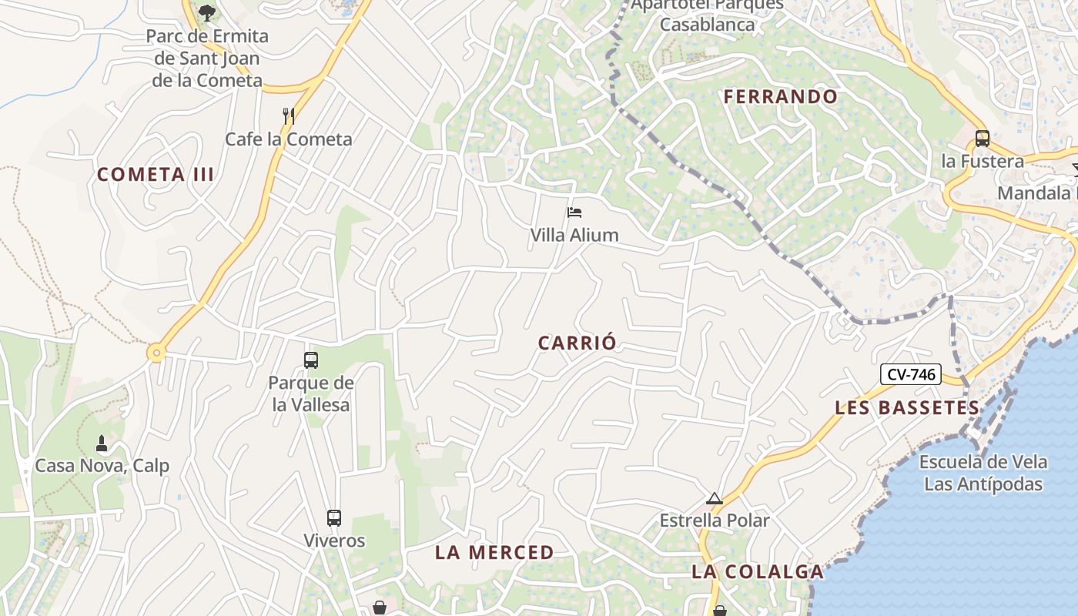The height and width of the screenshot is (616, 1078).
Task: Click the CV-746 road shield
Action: (912, 375)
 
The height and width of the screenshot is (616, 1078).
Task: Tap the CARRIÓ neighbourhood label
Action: (577, 343)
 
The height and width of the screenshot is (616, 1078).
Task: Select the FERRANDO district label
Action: (781, 97)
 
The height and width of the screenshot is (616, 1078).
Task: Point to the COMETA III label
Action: (156, 175)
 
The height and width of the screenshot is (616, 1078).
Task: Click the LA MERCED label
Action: (494, 552)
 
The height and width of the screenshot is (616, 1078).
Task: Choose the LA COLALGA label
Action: (758, 571)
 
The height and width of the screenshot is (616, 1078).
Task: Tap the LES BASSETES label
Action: (908, 407)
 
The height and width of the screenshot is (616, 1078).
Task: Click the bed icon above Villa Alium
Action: (574, 213)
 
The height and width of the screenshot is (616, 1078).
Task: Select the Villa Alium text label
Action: (574, 235)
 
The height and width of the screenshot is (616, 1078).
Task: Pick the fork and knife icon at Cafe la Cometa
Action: (289, 116)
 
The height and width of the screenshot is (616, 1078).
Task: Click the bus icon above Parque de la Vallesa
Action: (311, 360)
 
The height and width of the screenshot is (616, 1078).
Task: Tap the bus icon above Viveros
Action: (333, 518)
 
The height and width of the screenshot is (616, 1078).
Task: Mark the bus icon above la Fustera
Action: (982, 139)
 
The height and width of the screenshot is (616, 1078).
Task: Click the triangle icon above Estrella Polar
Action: (715, 499)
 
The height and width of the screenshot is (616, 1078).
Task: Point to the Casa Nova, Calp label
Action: (102, 466)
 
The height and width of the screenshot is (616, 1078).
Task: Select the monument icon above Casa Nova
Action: (101, 444)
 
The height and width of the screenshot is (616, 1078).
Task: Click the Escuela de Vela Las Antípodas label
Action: (983, 473)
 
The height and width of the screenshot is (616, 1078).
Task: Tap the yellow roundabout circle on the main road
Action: (157, 353)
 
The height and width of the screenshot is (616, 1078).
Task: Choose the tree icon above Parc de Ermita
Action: (206, 12)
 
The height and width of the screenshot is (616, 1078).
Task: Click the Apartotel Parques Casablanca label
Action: (707, 15)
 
